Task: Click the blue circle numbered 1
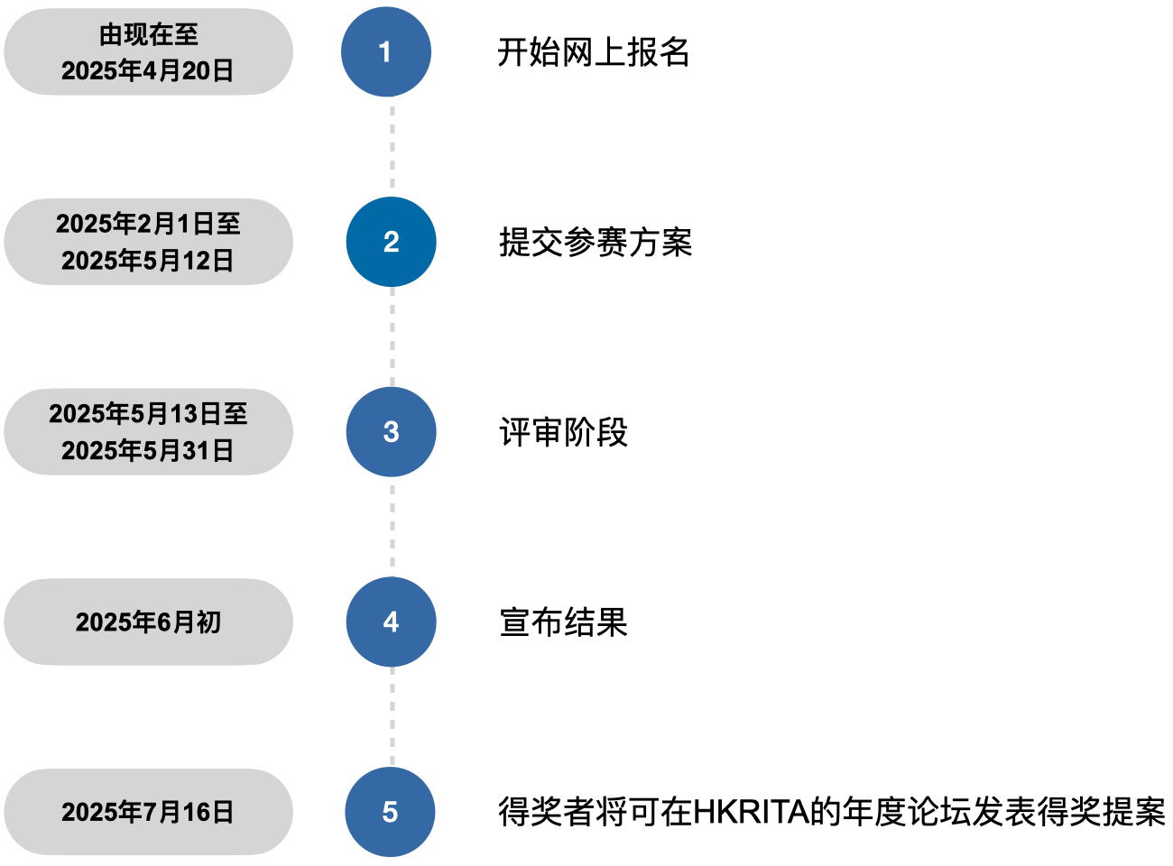[x=386, y=52]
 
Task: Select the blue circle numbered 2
[x=391, y=242]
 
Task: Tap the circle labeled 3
[x=391, y=432]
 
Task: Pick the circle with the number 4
[x=391, y=622]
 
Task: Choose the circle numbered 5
[x=390, y=812]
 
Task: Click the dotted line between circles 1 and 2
[x=392, y=147]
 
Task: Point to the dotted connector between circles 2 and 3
[x=392, y=336]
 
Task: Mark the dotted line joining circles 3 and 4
[x=392, y=527]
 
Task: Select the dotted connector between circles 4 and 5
[x=392, y=717]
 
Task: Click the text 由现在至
[x=149, y=34]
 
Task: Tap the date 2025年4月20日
[x=148, y=70]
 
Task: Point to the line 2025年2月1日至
[x=148, y=224]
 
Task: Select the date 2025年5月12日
[x=148, y=261]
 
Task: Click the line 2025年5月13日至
[x=148, y=414]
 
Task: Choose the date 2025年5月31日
[x=148, y=450]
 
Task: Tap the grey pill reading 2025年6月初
[x=148, y=622]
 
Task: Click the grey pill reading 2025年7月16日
[x=148, y=812]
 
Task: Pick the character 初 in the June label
[x=208, y=622]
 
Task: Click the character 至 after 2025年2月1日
[x=228, y=224]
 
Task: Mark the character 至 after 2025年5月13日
[x=236, y=414]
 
